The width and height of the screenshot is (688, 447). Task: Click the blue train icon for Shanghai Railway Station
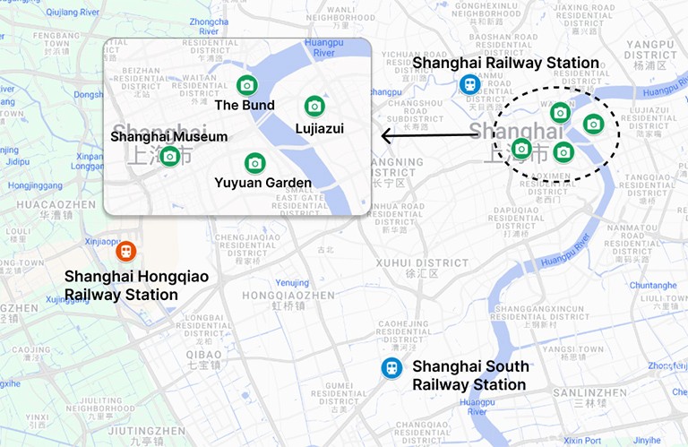469,84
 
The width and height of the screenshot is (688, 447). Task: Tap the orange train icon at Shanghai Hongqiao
125,250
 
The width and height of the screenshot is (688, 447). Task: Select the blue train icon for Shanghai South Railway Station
391,367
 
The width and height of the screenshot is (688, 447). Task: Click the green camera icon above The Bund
246,85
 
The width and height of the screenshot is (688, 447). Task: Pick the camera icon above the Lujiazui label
314,106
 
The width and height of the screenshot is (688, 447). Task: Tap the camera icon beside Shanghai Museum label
169,156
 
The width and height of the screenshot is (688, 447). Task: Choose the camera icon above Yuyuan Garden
255,162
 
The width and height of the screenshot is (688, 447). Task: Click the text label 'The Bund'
245,105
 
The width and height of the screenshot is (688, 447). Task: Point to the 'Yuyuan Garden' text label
262,183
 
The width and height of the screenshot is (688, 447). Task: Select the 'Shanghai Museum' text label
168,137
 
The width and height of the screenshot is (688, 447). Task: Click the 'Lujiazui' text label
319,129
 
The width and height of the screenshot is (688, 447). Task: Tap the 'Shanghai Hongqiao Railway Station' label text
136,286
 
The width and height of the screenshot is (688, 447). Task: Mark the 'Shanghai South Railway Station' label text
469,375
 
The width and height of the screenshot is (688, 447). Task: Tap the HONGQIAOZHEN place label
288,295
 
